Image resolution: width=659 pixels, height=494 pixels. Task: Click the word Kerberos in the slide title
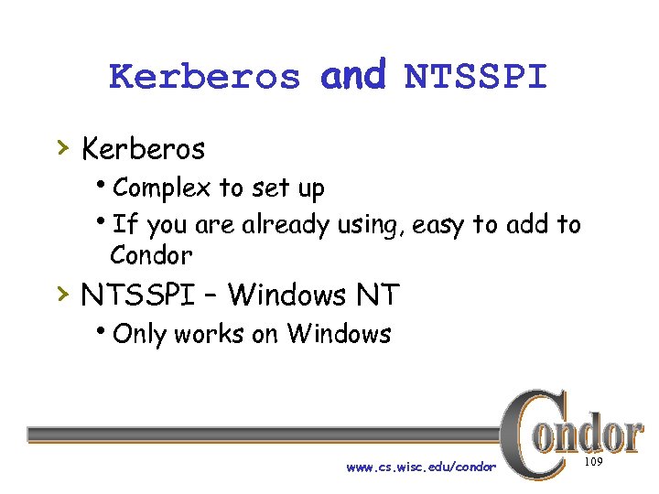pyautogui.click(x=204, y=77)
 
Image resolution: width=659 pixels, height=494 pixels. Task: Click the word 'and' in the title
pyautogui.click(x=353, y=75)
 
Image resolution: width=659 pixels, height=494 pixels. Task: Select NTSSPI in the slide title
pyautogui.click(x=475, y=77)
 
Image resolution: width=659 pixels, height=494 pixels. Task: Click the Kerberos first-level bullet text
pyautogui.click(x=143, y=147)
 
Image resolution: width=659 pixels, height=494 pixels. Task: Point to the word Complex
pyautogui.click(x=162, y=188)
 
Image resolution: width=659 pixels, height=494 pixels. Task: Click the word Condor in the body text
pyautogui.click(x=151, y=254)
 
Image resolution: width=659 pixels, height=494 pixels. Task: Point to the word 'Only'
pyautogui.click(x=140, y=334)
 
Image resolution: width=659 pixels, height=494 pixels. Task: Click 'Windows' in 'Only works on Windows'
pyautogui.click(x=339, y=334)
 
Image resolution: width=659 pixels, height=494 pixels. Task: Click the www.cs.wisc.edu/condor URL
pyautogui.click(x=421, y=467)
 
